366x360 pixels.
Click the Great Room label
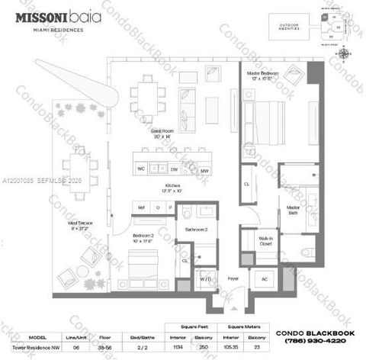pyautogui.click(x=160, y=131)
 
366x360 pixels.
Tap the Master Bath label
pyautogui.click(x=292, y=207)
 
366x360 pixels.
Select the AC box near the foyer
pyautogui.click(x=265, y=279)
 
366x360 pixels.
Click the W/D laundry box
pyautogui.click(x=206, y=279)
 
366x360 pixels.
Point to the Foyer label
pyautogui.click(x=233, y=278)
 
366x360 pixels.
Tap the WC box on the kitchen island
pyautogui.click(x=141, y=168)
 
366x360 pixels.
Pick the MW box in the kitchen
pyautogui.click(x=204, y=171)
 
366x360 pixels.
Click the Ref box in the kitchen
pyautogui.click(x=141, y=207)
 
